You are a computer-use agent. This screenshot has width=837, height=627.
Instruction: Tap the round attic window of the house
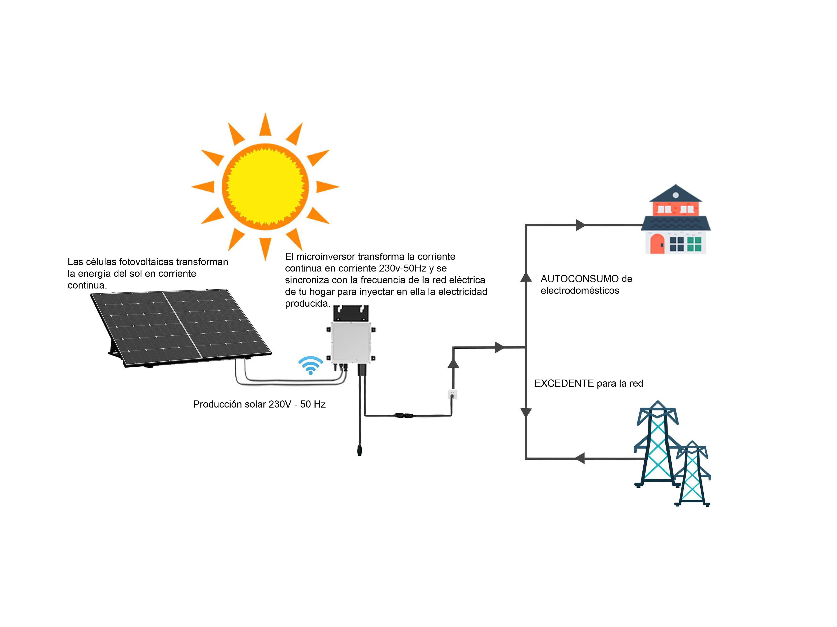(676, 195)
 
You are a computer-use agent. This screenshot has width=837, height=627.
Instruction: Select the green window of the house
(694, 244)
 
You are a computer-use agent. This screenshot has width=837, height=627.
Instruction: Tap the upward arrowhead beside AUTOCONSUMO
(526, 277)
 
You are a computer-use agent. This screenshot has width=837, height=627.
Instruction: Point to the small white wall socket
(453, 394)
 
